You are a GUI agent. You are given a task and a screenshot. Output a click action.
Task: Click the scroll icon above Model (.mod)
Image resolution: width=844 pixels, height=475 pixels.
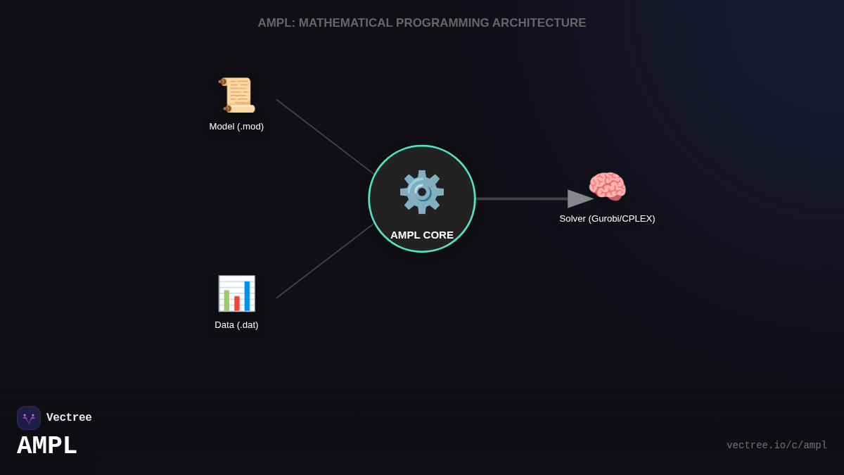[236, 95]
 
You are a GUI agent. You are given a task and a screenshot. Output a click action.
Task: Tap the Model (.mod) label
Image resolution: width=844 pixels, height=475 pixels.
[236, 127]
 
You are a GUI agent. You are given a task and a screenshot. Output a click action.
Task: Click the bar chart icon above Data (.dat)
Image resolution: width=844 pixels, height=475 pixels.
[236, 293]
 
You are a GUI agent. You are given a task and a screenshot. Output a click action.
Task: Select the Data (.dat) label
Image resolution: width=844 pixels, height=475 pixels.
[236, 325]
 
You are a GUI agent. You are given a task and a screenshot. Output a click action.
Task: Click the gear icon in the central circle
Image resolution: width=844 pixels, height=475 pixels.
[422, 192]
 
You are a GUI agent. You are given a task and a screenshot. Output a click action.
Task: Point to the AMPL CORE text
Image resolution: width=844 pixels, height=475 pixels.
[422, 235]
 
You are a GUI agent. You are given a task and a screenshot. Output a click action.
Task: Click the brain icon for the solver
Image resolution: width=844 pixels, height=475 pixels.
[607, 187]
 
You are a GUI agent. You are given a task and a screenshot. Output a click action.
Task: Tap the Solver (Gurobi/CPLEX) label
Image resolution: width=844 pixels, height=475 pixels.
[607, 219]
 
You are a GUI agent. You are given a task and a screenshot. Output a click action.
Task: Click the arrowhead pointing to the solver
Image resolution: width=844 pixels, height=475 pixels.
[580, 199]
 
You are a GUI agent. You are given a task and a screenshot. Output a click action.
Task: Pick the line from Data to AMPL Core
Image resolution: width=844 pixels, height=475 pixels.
[325, 261]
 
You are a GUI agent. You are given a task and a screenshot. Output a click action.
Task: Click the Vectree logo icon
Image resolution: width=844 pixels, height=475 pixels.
[29, 418]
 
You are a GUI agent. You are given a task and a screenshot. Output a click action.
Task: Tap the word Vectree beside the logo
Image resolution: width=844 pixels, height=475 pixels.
[69, 418]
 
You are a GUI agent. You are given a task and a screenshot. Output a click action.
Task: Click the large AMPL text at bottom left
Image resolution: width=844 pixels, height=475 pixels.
[47, 446]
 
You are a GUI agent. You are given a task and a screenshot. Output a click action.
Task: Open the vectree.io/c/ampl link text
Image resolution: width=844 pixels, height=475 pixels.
[776, 445]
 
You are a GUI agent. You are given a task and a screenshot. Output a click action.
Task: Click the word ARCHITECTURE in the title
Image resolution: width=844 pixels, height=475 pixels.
[539, 23]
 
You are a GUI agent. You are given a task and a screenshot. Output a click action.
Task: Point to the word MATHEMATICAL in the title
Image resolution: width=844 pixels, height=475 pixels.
[345, 23]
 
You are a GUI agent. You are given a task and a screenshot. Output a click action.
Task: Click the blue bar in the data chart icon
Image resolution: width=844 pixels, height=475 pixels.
[247, 296]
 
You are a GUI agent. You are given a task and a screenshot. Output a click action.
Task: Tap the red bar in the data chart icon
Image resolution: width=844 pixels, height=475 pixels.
[237, 303]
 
